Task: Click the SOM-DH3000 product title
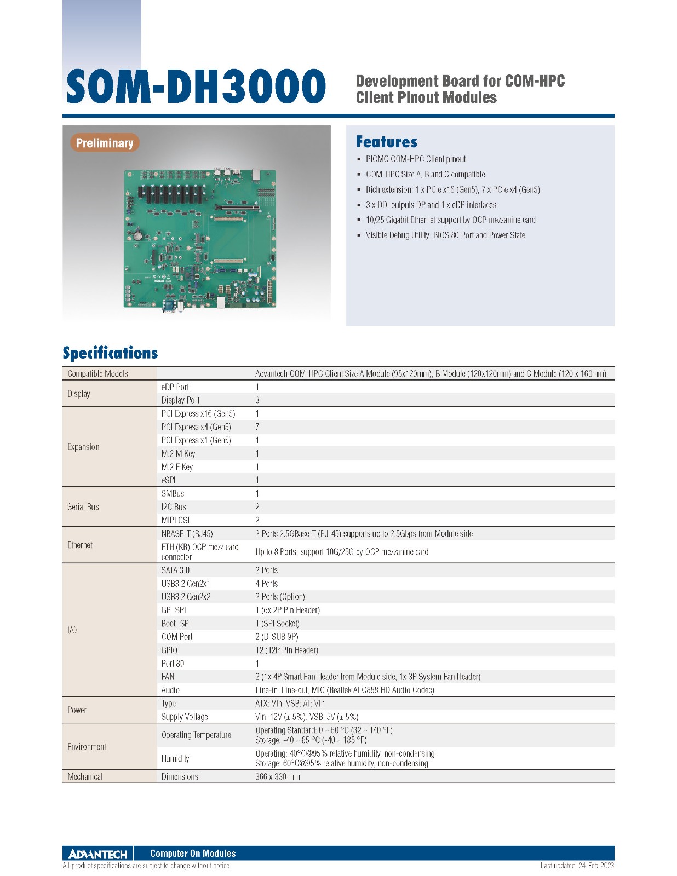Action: pos(196,87)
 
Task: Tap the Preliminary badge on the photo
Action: pos(104,143)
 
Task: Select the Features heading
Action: pos(386,142)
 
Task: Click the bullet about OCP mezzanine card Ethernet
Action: pos(450,220)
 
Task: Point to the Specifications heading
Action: pos(110,353)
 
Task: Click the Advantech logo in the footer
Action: pos(97,854)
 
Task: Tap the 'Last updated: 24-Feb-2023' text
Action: pos(577,866)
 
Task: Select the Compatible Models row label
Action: pos(97,374)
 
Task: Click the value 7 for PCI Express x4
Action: pos(257,427)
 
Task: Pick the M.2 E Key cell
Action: pos(177,467)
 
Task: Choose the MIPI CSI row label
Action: pos(175,520)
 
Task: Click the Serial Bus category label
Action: pos(83,507)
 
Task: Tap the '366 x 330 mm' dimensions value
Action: pos(278,777)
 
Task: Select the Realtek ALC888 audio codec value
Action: pos(345,690)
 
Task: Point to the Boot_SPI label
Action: pos(176,624)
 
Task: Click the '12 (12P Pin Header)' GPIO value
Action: pos(286,650)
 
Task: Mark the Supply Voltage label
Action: pos(185,717)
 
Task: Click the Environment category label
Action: pos(87,747)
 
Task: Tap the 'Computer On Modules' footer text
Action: pos(193,854)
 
